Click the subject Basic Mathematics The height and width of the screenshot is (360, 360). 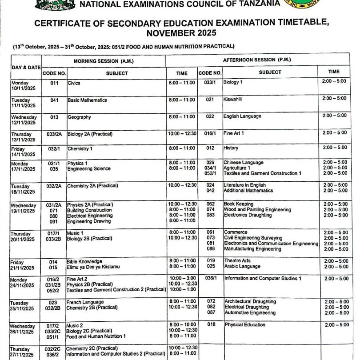pyautogui.click(x=87, y=100)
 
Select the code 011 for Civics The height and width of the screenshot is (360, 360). pyautogui.click(x=54, y=83)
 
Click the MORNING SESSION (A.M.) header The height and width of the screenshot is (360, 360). pyautogui.click(x=103, y=60)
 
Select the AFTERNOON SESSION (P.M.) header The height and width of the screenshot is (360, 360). pyautogui.click(x=257, y=60)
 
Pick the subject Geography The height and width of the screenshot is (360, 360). pyautogui.click(x=79, y=117)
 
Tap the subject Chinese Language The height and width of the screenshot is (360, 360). pyautogui.click(x=243, y=163)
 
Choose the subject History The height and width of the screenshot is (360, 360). pyautogui.click(x=231, y=148)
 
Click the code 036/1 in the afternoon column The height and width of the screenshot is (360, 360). pyautogui.click(x=211, y=278)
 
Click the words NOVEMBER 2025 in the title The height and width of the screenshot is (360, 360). pyautogui.click(x=184, y=33)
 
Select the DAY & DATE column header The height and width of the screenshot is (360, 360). pyautogui.click(x=25, y=67)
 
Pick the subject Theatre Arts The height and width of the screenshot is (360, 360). pyautogui.click(x=237, y=261)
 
